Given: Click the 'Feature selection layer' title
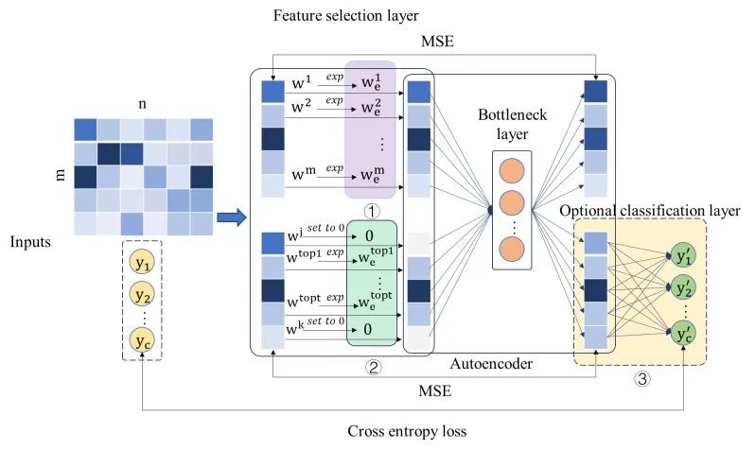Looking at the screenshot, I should [331, 16].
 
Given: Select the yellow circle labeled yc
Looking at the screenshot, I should [142, 338].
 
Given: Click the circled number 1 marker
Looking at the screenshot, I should [372, 212].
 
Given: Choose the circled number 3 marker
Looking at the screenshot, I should [641, 377].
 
